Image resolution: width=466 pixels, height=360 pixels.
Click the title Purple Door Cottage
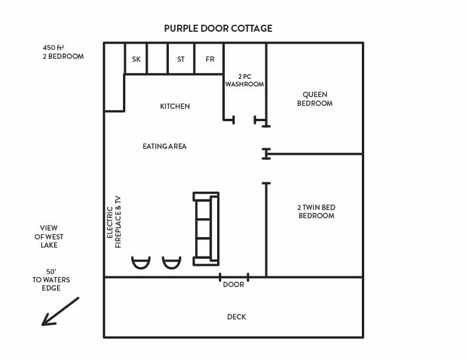pyautogui.click(x=218, y=28)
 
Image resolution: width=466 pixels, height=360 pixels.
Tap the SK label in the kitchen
pyautogui.click(x=137, y=59)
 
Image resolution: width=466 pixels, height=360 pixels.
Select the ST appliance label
pyautogui.click(x=181, y=59)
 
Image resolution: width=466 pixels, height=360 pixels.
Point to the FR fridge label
pyautogui.click(x=210, y=59)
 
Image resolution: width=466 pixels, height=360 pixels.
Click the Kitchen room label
pyautogui.click(x=175, y=106)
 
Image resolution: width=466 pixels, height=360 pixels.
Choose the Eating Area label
pyautogui.click(x=164, y=146)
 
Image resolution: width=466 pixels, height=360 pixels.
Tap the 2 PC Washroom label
pyautogui.click(x=244, y=81)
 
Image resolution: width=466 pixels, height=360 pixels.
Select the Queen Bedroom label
pyautogui.click(x=314, y=99)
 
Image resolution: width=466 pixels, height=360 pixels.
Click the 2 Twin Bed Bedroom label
pyautogui.click(x=316, y=212)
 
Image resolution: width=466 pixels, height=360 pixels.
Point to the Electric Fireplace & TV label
pyautogui.click(x=114, y=222)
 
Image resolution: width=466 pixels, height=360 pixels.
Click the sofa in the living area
pyautogui.click(x=207, y=228)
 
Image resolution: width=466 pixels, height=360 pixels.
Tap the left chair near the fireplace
pyautogui.click(x=141, y=262)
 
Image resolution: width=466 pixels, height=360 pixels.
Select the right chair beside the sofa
pyautogui.click(x=172, y=262)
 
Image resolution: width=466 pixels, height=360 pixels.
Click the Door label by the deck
pyautogui.click(x=234, y=285)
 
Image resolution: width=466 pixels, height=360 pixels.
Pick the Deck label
pyautogui.click(x=237, y=317)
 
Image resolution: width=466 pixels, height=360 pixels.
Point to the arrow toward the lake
pyautogui.click(x=60, y=311)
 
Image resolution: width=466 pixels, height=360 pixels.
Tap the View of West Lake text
pyautogui.click(x=49, y=236)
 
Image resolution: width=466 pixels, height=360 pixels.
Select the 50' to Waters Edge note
pyautogui.click(x=51, y=280)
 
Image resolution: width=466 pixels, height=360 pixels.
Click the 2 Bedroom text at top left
pyautogui.click(x=63, y=56)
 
